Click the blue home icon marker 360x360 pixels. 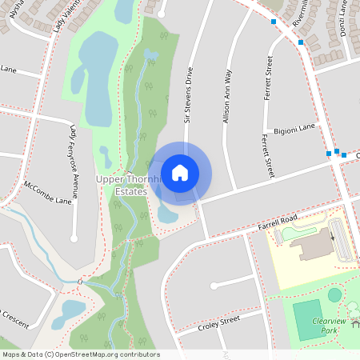pyautogui.click(x=180, y=173)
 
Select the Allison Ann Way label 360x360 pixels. pyautogui.click(x=227, y=95)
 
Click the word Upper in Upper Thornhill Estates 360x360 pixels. pyautogui.click(x=110, y=180)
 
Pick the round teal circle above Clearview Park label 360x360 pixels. pyautogui.click(x=334, y=295)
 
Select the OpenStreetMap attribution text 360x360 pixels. pyautogui.click(x=80, y=354)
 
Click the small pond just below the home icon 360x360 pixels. pyautogui.click(x=168, y=214)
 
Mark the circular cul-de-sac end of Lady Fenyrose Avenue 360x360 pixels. pyautogui.click(x=74, y=238)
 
